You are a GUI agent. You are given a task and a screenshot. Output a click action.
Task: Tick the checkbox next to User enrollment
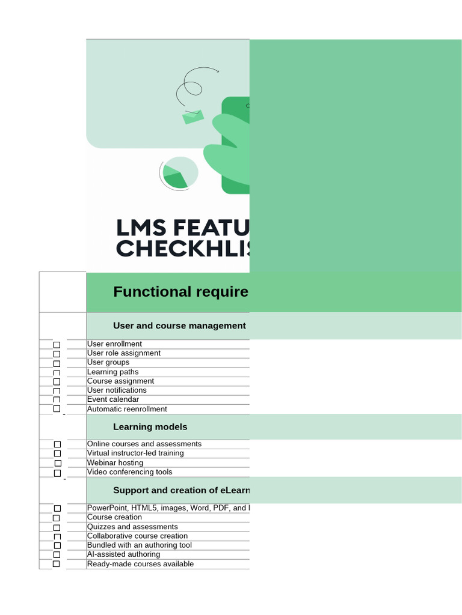pyautogui.click(x=57, y=345)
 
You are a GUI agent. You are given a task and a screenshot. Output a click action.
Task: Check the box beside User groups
pyautogui.click(x=57, y=363)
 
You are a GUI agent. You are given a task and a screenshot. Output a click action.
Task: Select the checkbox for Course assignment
pyautogui.click(x=57, y=381)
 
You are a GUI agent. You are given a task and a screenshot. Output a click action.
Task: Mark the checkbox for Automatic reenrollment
pyautogui.click(x=57, y=409)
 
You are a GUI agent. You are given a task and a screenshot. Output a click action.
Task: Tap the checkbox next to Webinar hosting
pyautogui.click(x=58, y=463)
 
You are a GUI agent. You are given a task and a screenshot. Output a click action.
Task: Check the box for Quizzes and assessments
pyautogui.click(x=57, y=527)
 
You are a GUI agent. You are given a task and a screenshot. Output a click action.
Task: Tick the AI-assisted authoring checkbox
pyautogui.click(x=57, y=555)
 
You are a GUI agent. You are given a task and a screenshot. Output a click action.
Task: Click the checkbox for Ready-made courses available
pyautogui.click(x=57, y=564)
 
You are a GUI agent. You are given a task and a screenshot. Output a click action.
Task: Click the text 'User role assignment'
pyautogui.click(x=124, y=353)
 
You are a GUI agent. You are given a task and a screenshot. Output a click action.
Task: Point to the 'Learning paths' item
pyautogui.click(x=113, y=372)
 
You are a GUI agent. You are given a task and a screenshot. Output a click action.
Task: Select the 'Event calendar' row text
pyautogui.click(x=113, y=399)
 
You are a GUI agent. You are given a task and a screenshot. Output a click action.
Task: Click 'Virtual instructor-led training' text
pyautogui.click(x=135, y=453)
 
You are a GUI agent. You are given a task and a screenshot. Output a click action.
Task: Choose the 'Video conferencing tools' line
pyautogui.click(x=129, y=472)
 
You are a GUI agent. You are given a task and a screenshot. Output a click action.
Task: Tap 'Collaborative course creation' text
pyautogui.click(x=137, y=536)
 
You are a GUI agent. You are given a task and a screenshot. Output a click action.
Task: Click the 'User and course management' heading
pyautogui.click(x=179, y=326)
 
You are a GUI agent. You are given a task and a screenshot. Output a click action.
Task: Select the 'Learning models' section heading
pyautogui.click(x=150, y=427)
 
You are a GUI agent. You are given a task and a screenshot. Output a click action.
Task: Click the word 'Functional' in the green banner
pyautogui.click(x=143, y=292)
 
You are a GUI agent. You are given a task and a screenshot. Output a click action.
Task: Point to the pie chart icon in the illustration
pyautogui.click(x=179, y=173)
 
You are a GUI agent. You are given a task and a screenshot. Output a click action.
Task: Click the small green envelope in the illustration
pyautogui.click(x=193, y=117)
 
